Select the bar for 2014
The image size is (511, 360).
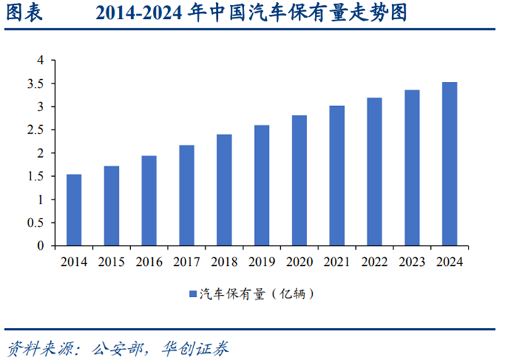(x=74, y=210)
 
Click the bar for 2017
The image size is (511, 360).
(x=186, y=195)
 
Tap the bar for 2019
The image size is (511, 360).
(x=261, y=185)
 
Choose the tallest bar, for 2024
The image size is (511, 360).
(x=449, y=164)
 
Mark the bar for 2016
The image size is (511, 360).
(x=149, y=201)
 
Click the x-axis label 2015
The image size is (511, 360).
(x=111, y=262)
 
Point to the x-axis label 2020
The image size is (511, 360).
(x=299, y=262)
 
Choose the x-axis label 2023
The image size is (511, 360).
(x=411, y=262)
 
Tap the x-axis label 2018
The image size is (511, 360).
(x=224, y=262)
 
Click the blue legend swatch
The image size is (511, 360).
(x=192, y=293)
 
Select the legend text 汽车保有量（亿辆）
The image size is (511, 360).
(x=256, y=293)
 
